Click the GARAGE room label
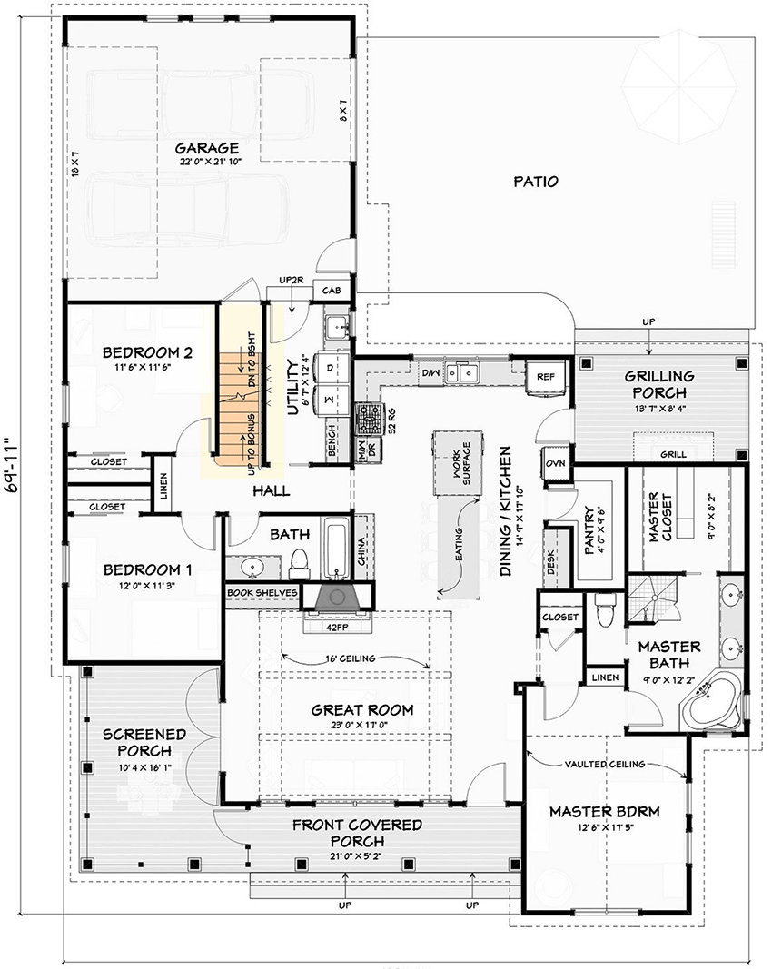207,148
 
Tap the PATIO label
534,182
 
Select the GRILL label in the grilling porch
672,454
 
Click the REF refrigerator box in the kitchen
545,375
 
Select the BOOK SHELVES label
262,592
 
